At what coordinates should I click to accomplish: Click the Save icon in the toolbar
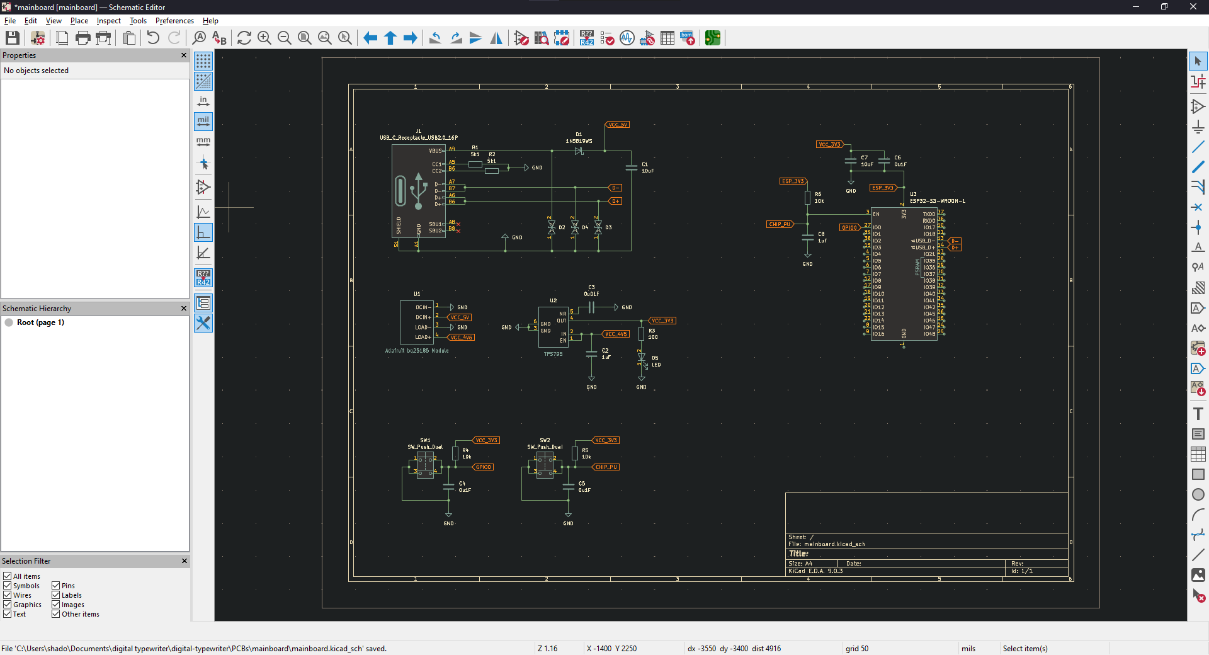pyautogui.click(x=12, y=38)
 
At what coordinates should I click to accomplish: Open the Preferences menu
pyautogui.click(x=174, y=21)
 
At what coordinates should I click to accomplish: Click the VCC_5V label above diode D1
pyautogui.click(x=618, y=125)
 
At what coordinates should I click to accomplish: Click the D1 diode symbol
pyautogui.click(x=579, y=151)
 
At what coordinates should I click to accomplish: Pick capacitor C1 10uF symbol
pyautogui.click(x=631, y=168)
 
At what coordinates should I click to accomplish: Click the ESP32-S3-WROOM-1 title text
pyautogui.click(x=937, y=201)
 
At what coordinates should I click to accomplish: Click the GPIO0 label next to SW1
pyautogui.click(x=484, y=467)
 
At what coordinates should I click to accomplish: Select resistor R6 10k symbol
pyautogui.click(x=807, y=198)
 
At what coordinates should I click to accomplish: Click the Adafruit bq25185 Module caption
pyautogui.click(x=417, y=351)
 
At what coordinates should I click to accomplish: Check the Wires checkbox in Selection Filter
pyautogui.click(x=8, y=595)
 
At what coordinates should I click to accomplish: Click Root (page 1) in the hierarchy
pyautogui.click(x=40, y=322)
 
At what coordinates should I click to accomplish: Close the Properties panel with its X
pyautogui.click(x=184, y=55)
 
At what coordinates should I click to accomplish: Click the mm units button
pyautogui.click(x=203, y=142)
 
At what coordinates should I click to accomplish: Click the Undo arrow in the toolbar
pyautogui.click(x=153, y=38)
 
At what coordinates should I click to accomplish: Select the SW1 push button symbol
pyautogui.click(x=425, y=465)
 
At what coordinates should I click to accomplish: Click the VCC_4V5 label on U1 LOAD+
pyautogui.click(x=462, y=338)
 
